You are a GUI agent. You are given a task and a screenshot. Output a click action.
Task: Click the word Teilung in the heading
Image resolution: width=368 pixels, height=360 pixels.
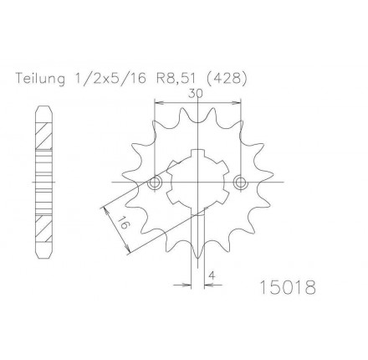(x=40, y=79)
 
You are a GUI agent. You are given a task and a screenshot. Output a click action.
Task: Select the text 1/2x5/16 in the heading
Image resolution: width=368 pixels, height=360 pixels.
(x=110, y=79)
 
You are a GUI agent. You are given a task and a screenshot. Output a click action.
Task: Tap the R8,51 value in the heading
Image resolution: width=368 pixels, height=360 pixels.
(x=173, y=79)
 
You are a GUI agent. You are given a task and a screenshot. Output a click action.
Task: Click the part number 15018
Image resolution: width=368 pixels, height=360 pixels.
(x=288, y=287)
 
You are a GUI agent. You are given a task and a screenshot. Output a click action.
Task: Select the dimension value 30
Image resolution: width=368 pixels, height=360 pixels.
(x=196, y=94)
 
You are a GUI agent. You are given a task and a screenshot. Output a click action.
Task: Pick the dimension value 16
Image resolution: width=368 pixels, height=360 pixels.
(x=123, y=222)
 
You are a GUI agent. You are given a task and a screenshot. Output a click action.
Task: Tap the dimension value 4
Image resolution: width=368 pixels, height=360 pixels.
(x=212, y=275)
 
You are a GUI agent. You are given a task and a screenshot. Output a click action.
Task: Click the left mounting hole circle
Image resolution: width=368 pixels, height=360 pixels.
(x=155, y=183)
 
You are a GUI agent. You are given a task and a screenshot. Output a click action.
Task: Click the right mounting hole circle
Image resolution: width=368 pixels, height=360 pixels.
(x=240, y=183)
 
